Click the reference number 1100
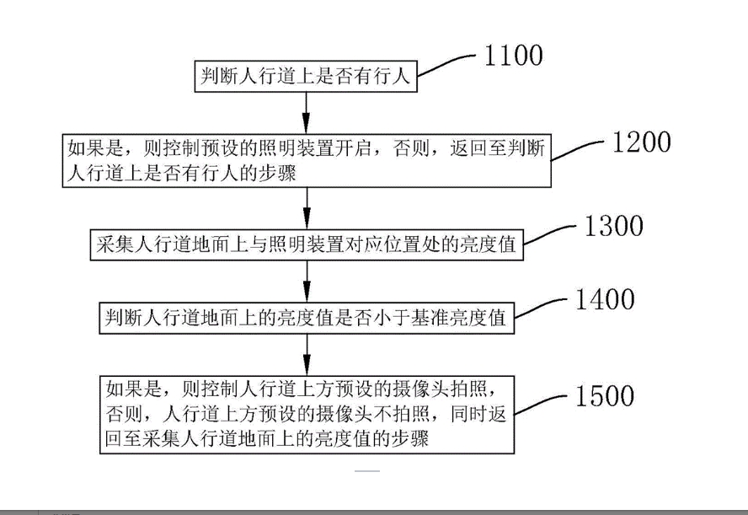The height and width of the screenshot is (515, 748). point(513,56)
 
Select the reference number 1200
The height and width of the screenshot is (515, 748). point(642,142)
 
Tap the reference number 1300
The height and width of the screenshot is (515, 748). point(614,226)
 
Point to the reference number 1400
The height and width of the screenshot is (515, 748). point(605,300)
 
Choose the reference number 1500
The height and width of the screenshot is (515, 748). point(605,396)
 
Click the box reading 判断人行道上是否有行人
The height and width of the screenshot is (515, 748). point(306,76)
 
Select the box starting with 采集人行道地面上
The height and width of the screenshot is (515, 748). point(307,244)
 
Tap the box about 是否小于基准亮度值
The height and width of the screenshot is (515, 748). point(307,318)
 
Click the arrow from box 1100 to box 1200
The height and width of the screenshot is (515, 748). point(307,113)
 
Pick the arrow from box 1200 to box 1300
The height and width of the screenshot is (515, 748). point(307,208)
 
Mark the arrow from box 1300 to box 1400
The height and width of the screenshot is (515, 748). point(307,282)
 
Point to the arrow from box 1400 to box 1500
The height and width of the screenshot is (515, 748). point(307,355)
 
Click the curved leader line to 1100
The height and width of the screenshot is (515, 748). point(447,64)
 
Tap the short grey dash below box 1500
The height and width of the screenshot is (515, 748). point(367,471)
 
